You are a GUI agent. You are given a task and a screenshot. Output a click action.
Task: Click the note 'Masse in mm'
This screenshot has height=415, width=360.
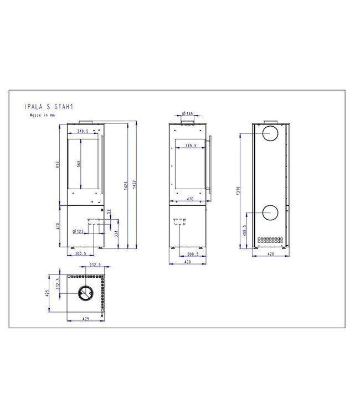pyautogui.click(x=42, y=116)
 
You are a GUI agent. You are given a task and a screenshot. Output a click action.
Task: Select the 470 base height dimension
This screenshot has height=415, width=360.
pyautogui.click(x=58, y=226)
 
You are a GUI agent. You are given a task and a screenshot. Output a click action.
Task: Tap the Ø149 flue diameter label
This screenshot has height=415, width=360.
pyautogui.click(x=187, y=114)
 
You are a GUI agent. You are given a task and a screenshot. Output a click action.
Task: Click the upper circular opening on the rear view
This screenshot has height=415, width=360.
pyautogui.click(x=271, y=133)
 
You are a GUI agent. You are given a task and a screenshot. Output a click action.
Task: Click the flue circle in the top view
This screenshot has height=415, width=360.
pyautogui.click(x=85, y=293)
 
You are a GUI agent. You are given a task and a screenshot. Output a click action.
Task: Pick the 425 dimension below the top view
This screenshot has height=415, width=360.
pyautogui.click(x=85, y=319)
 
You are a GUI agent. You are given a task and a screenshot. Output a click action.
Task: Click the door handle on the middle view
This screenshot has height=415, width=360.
pyautogui.click(x=209, y=165)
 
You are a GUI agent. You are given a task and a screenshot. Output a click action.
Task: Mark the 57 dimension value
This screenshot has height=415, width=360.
pyautogui.click(x=109, y=212)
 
